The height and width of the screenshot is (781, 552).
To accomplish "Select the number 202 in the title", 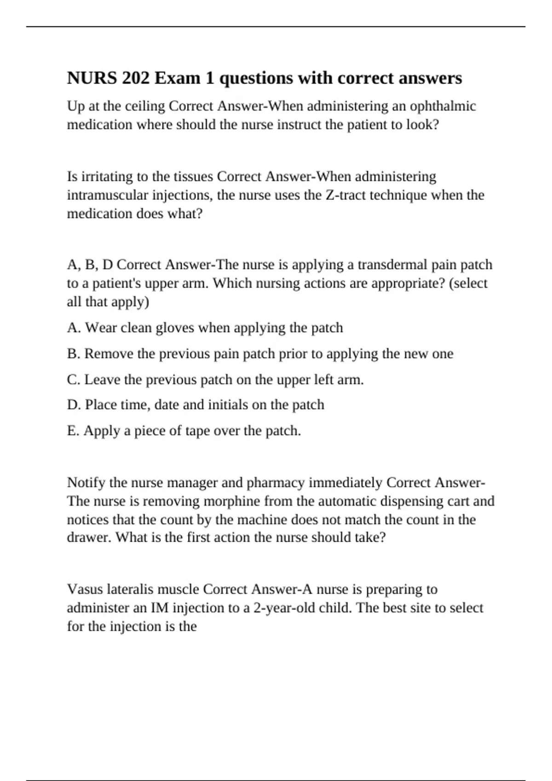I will click(x=136, y=78).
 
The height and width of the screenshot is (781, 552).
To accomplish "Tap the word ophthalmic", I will click(x=443, y=106).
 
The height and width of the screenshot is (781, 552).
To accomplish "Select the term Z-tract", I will click(x=345, y=195).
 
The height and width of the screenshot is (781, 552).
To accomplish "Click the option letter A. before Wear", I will click(x=74, y=328).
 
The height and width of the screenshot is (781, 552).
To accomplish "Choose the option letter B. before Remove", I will click(x=74, y=353).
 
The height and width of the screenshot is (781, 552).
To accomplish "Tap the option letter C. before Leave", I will click(x=74, y=379).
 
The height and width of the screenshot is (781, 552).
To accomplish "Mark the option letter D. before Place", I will click(x=74, y=405).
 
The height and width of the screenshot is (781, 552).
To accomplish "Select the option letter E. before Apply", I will click(x=73, y=430).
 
